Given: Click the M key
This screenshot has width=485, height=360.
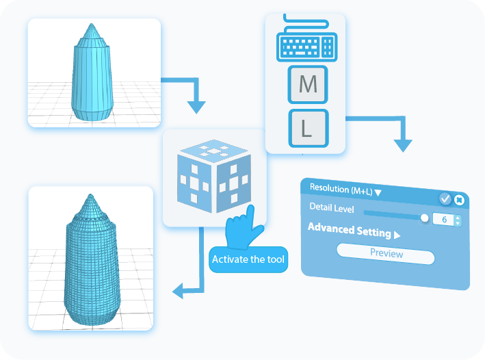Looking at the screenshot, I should click(x=308, y=84).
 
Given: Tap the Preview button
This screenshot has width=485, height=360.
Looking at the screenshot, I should click(x=386, y=254).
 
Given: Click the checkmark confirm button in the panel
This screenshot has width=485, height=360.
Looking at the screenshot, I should click(x=445, y=198).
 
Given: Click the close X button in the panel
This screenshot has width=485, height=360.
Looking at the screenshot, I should click(x=460, y=200).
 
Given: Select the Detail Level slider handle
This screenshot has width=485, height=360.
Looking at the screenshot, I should click(x=424, y=218).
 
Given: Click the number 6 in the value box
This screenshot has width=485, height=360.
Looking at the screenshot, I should click(x=444, y=220).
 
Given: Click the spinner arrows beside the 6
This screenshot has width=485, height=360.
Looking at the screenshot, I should click(x=458, y=220).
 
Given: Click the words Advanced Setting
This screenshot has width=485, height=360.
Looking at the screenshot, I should click(x=349, y=229).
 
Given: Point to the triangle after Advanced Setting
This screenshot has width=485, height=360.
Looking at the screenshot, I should click(x=397, y=235).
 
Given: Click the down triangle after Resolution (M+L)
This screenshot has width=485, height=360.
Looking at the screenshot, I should click(x=378, y=193).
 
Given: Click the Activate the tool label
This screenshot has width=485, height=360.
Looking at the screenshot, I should click(x=248, y=259).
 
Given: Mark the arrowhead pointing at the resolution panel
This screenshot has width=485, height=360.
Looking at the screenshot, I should click(x=404, y=146).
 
